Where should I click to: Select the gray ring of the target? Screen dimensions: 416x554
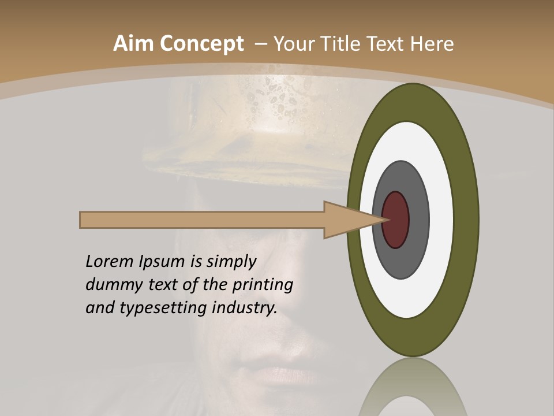click(x=417, y=220)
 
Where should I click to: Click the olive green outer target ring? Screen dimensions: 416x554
click(x=466, y=220)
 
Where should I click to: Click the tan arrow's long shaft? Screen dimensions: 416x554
click(x=202, y=220)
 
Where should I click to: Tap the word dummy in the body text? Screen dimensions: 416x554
click(x=111, y=285)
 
